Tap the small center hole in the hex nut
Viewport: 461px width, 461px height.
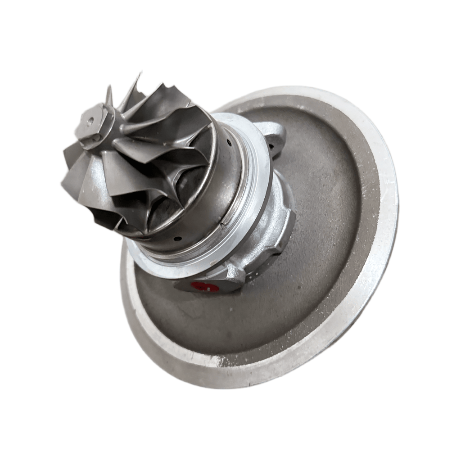[x=90, y=121]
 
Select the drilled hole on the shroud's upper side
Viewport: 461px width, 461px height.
[x=229, y=143]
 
